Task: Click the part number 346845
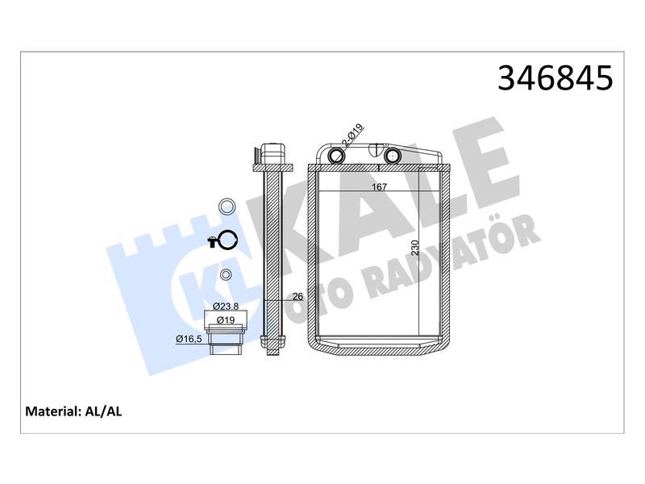point(555,78)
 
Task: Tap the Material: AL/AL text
point(73,411)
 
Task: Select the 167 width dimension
point(379,187)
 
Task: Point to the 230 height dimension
point(414,248)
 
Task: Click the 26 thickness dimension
point(298,296)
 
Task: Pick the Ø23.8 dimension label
point(226,307)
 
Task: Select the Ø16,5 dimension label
point(189,339)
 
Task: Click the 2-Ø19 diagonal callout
point(353,136)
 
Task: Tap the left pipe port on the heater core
point(337,156)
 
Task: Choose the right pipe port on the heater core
point(392,156)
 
